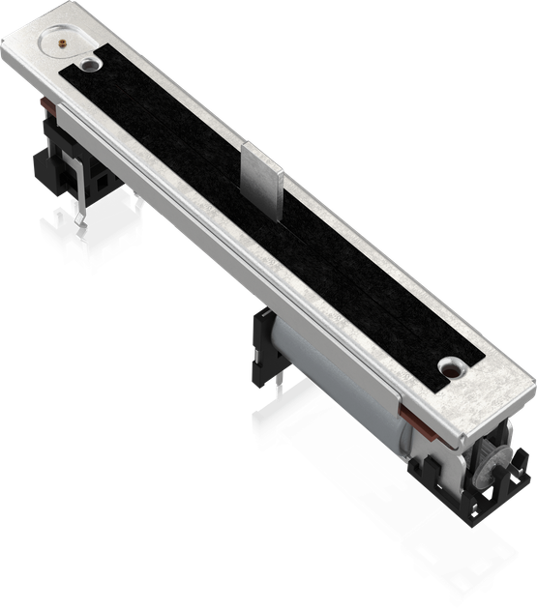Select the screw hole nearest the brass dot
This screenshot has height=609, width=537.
click(89, 64)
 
